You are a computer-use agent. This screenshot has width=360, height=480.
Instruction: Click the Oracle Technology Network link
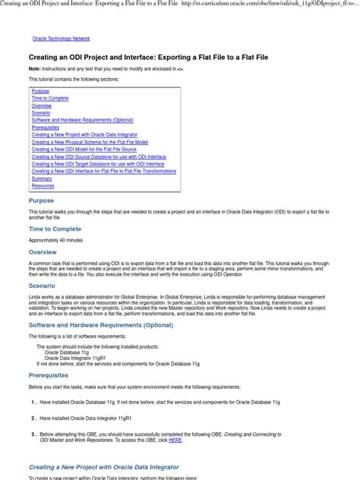coord(61,38)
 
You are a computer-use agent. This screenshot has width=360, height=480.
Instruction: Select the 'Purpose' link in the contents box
coord(40,91)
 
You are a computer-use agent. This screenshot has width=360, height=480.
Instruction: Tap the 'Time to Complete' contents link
coord(50,99)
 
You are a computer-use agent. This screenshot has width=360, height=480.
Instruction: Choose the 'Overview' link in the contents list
coord(42,106)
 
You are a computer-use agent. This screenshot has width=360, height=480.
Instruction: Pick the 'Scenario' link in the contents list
coord(42,113)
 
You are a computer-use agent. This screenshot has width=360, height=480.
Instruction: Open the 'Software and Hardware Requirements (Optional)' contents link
coord(82,121)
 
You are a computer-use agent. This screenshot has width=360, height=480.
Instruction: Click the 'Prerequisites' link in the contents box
coord(46,128)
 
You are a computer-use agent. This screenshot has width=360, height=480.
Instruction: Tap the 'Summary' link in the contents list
coord(42,178)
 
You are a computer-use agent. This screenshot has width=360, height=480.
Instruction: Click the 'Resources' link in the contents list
coord(43,185)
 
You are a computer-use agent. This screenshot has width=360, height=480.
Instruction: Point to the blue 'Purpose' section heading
coord(41,201)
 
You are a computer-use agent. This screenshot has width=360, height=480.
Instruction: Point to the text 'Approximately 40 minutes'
coord(55,239)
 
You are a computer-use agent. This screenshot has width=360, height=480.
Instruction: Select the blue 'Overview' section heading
coord(43,252)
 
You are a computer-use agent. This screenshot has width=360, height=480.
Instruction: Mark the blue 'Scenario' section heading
coord(43,286)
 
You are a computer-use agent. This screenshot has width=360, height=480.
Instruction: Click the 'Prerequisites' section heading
coord(48,375)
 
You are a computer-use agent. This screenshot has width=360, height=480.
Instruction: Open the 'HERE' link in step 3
coord(175,440)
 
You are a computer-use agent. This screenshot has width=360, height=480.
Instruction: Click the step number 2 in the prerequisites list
coord(33,418)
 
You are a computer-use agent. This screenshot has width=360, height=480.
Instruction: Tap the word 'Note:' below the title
coord(35,69)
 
